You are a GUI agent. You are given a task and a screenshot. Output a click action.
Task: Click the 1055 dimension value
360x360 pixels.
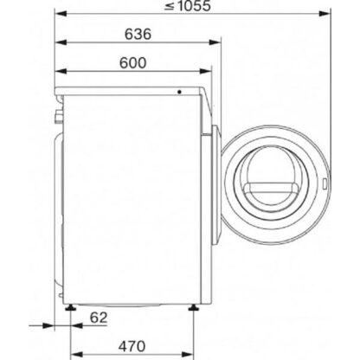coord(194,6)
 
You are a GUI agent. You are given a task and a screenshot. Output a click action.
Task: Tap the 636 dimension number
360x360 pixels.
coord(138,34)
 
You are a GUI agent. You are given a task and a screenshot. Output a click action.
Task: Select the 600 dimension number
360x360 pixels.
coord(133,63)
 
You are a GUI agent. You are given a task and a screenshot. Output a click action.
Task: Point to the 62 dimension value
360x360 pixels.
coord(99,318)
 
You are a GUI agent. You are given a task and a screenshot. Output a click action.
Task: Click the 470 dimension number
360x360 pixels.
coord(132,346)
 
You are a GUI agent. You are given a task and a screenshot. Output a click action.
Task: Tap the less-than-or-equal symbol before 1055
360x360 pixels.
coord(169,7)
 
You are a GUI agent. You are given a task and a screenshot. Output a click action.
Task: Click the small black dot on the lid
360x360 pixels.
coord(179,92)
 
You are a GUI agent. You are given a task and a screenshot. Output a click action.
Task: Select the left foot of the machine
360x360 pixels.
coord(70,307)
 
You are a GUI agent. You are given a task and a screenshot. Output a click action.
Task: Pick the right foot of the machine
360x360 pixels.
coord(193,307)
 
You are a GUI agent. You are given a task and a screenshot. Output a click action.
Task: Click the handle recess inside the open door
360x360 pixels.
coord(271,190)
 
